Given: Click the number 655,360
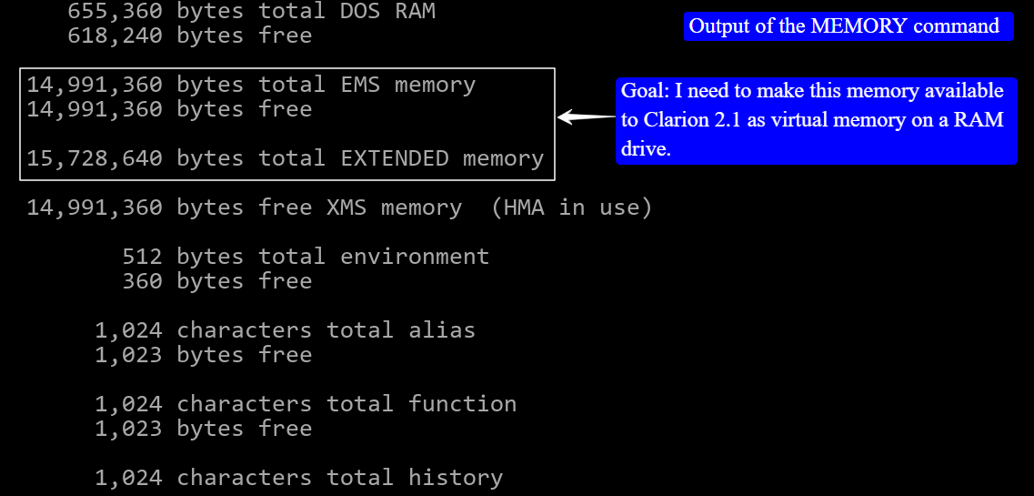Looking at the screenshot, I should point(115,11).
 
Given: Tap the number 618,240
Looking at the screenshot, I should point(115,35).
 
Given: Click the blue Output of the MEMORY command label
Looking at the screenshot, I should point(848,25).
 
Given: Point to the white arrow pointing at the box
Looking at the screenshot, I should point(586,116).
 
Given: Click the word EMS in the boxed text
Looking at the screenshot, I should point(360,85).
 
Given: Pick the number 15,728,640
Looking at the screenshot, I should point(95,158).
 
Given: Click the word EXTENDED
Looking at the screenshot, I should point(394,158).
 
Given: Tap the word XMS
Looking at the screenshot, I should point(346,208).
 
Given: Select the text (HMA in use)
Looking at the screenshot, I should point(571,208).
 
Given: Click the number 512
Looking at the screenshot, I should point(142,257).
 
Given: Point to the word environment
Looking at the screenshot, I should point(415,257).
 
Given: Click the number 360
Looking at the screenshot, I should point(142,281).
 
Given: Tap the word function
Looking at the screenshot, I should point(462,403).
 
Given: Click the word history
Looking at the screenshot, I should point(456,477).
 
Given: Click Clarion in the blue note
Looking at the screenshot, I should point(678,120).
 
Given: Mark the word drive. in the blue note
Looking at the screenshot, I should point(646,149).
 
